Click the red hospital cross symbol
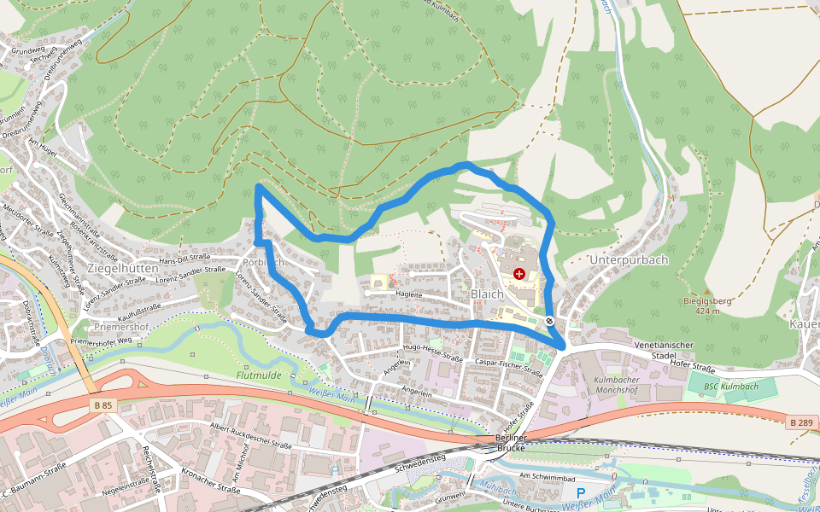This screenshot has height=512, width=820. pyautogui.click(x=519, y=273)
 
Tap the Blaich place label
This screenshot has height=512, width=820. pyautogui.click(x=487, y=294)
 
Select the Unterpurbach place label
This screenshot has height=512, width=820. pyautogui.click(x=628, y=259)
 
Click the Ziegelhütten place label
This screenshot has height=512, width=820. pyautogui.click(x=122, y=268)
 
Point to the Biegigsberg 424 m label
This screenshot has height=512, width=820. pyautogui.click(x=707, y=305)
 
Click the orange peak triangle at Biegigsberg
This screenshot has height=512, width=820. pyautogui.click(x=707, y=292)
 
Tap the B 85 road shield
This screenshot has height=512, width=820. pyautogui.click(x=102, y=405)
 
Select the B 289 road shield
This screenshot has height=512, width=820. pyautogui.click(x=800, y=422)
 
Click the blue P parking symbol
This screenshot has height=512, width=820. pyautogui.click(x=581, y=493)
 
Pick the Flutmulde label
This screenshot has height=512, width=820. pyautogui.click(x=260, y=375)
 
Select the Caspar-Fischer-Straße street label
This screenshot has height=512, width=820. pyautogui.click(x=509, y=367)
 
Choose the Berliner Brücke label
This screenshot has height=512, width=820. pyautogui.click(x=511, y=442)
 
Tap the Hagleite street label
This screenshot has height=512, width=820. pyautogui.click(x=409, y=294)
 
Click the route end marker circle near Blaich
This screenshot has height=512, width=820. pyautogui.click(x=550, y=322)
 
